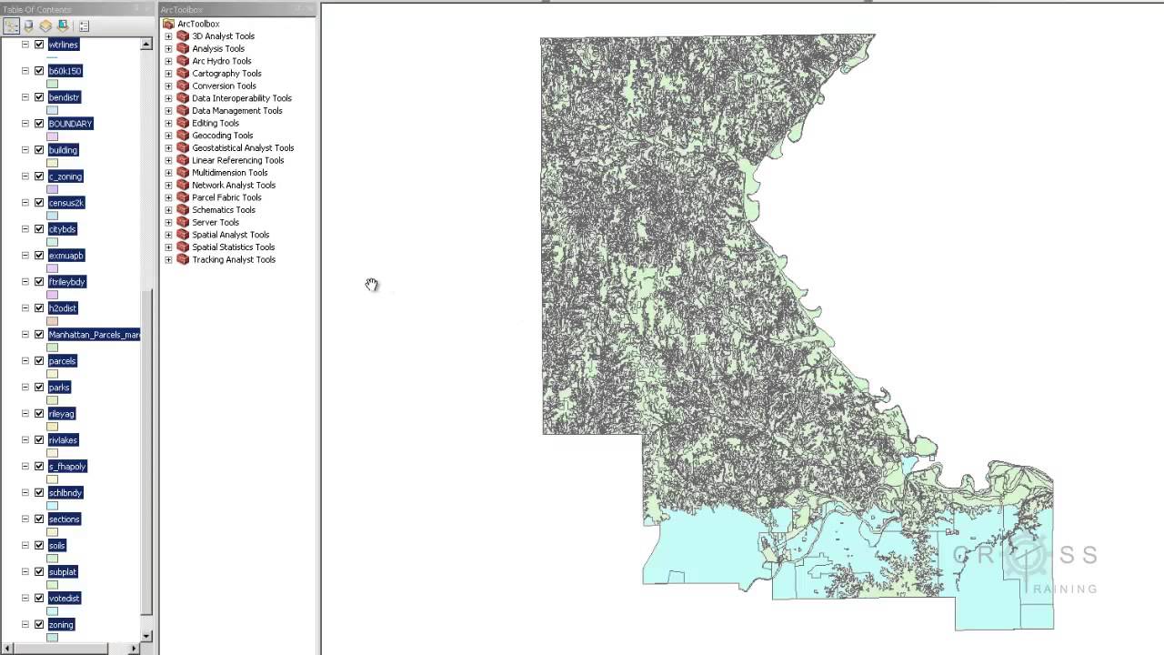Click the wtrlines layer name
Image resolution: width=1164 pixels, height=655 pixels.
63,45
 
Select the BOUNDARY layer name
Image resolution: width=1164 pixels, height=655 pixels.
70,124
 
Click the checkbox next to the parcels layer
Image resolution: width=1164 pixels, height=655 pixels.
39,361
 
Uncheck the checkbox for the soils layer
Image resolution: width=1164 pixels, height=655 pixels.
39,546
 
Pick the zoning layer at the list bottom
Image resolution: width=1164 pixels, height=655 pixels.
61,625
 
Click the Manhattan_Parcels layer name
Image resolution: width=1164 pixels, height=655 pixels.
94,335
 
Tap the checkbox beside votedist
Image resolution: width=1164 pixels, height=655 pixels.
39,599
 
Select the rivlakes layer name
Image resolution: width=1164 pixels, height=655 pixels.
63,440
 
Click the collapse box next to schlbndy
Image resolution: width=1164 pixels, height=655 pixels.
25,493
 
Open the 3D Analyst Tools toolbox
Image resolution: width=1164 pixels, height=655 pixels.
223,36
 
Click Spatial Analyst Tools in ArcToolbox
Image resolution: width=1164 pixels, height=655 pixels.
230,235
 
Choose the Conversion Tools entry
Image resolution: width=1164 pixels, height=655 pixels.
224,86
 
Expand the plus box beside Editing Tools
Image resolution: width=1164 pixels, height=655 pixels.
168,124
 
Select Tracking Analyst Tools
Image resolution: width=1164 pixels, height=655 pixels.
233,260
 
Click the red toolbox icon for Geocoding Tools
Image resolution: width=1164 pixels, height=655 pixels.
183,136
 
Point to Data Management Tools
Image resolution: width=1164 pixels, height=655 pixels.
236,111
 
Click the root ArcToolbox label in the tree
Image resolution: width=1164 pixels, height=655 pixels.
198,25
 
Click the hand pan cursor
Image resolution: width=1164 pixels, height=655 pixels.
372,285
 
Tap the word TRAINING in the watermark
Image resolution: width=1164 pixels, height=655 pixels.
1065,589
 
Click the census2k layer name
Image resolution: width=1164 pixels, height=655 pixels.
65,203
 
